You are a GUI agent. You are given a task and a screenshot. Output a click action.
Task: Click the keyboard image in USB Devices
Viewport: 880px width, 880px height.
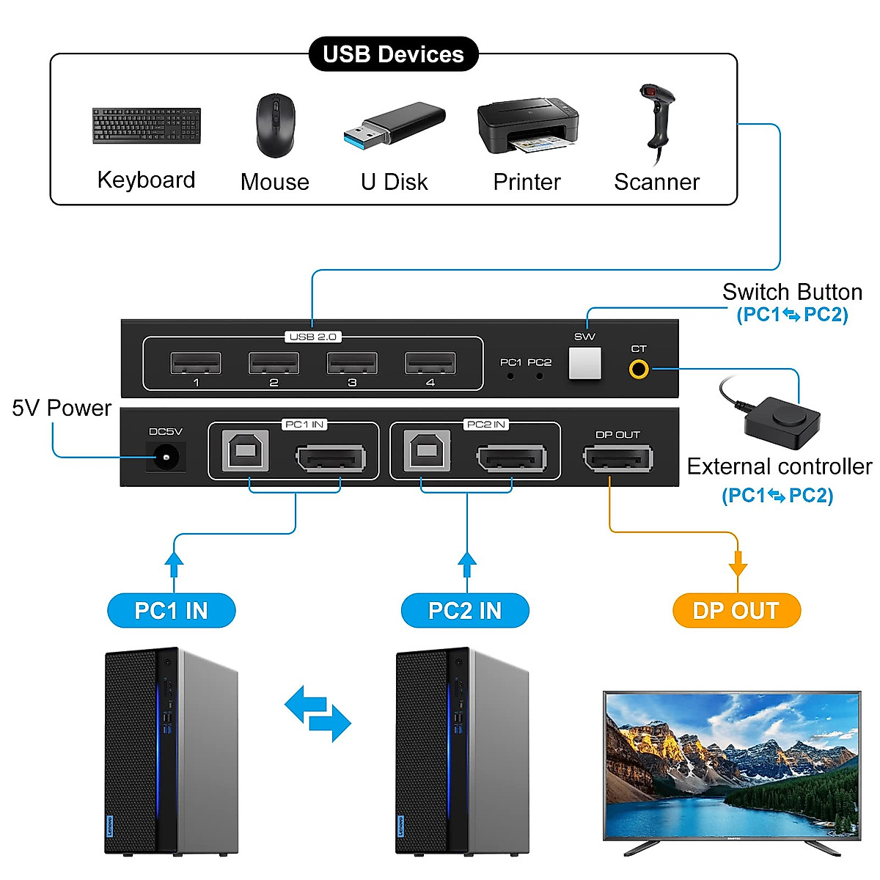(x=146, y=126)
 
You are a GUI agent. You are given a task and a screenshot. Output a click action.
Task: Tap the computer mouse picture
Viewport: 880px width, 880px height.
(x=275, y=125)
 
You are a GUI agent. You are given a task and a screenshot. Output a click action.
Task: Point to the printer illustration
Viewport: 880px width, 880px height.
(x=527, y=125)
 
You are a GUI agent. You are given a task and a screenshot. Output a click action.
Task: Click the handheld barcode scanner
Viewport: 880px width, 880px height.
(x=657, y=121)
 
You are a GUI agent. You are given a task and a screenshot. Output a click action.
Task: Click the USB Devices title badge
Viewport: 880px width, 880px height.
(x=393, y=54)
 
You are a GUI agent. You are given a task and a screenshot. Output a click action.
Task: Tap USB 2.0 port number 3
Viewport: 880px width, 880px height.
(x=352, y=364)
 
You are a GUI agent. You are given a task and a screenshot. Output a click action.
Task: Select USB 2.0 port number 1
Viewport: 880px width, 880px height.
(x=196, y=364)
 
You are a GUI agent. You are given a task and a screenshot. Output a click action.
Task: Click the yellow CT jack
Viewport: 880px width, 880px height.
(x=639, y=369)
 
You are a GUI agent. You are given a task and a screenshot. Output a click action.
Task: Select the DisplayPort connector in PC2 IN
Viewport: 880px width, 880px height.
(x=512, y=459)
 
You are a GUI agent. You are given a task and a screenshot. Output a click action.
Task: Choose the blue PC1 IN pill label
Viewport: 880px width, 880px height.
(x=172, y=610)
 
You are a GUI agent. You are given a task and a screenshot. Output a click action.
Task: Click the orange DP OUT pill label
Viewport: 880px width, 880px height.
(x=736, y=610)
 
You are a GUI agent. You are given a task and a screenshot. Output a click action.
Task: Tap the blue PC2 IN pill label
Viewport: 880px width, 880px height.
(x=465, y=610)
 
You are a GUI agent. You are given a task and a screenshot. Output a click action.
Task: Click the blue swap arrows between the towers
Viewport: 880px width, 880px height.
(x=318, y=714)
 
